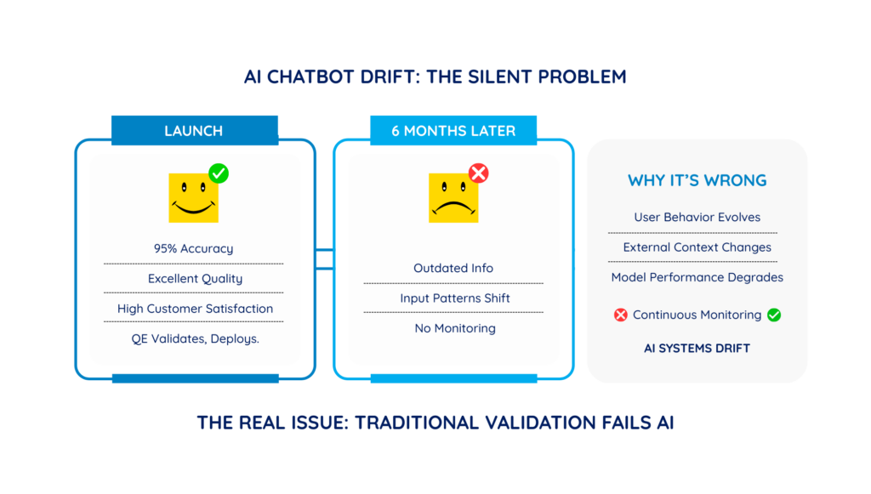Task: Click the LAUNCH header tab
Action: pos(195,130)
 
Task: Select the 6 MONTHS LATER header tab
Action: pos(453,130)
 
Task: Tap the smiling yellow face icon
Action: pos(193,198)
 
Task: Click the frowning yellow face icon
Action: pos(453,198)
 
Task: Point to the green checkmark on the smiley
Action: pos(219,173)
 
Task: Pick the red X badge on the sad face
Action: pos(478,173)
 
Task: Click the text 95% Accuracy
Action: pos(193,248)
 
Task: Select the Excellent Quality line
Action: pos(195,279)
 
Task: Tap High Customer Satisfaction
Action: pos(195,309)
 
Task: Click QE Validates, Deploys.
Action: pos(195,338)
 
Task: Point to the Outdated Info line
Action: pos(453,268)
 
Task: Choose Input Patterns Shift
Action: pos(455,298)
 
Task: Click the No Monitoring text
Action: pos(455,328)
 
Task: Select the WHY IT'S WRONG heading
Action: pos(697,180)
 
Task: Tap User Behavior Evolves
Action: pos(697,217)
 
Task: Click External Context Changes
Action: pos(697,247)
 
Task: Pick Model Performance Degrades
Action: pos(697,277)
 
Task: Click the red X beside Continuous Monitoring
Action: pos(620,315)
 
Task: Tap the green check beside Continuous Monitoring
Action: pos(774,315)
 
